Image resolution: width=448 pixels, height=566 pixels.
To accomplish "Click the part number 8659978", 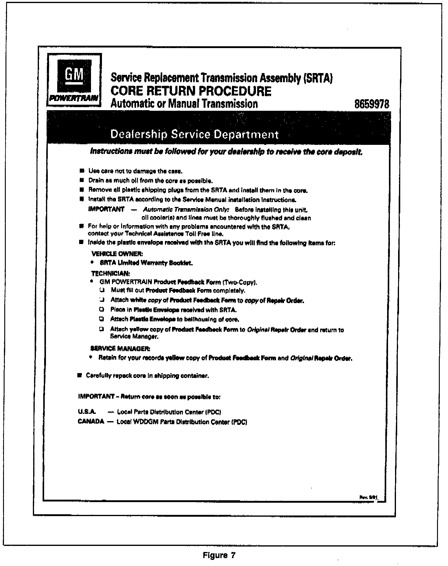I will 372,104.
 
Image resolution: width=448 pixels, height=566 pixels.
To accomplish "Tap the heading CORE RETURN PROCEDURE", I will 191,91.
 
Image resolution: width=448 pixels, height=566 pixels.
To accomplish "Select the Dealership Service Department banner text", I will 194,135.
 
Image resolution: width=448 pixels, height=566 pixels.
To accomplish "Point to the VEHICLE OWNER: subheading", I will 117,253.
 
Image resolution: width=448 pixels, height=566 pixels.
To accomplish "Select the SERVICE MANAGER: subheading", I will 120,348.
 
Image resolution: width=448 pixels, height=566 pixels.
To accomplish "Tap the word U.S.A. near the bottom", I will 87,412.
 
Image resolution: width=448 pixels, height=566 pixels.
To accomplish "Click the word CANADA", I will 91,422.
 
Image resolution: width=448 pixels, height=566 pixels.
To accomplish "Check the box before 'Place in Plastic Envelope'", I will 102,309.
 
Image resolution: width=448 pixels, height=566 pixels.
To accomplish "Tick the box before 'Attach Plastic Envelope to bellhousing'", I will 102,320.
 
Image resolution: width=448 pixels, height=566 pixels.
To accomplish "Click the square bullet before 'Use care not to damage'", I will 81,171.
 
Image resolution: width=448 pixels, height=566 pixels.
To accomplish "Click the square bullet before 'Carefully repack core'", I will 80,376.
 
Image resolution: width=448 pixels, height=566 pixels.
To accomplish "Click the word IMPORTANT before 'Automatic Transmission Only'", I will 106,209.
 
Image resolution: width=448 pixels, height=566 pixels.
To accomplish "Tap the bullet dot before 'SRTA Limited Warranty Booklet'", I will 92,262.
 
